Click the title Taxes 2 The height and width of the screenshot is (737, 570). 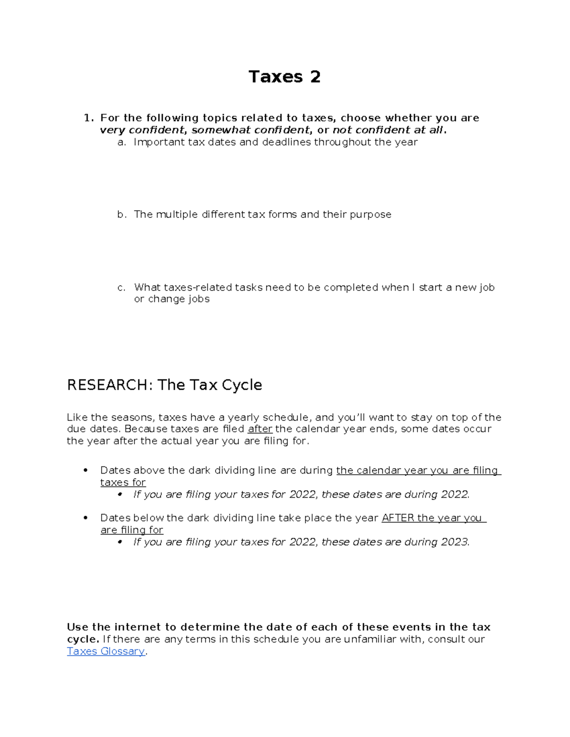[x=285, y=77]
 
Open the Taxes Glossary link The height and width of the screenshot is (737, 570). [x=105, y=651]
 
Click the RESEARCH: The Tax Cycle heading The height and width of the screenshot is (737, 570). [x=164, y=384]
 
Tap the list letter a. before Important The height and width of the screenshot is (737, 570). [x=122, y=142]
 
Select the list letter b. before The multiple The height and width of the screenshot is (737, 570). [x=122, y=215]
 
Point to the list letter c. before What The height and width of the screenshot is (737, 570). [x=122, y=288]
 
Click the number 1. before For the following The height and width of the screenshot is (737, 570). [x=89, y=118]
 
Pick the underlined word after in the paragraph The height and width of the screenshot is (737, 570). [x=260, y=429]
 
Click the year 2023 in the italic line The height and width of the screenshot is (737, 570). [x=455, y=542]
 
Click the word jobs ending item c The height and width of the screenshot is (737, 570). [x=199, y=299]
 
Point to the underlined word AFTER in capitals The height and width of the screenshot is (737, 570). [x=398, y=518]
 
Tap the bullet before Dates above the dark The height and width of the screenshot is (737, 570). [x=85, y=470]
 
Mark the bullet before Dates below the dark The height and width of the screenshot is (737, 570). [x=85, y=518]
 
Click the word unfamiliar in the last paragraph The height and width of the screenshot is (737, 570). [x=370, y=639]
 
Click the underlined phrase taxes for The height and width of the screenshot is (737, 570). [x=123, y=483]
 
